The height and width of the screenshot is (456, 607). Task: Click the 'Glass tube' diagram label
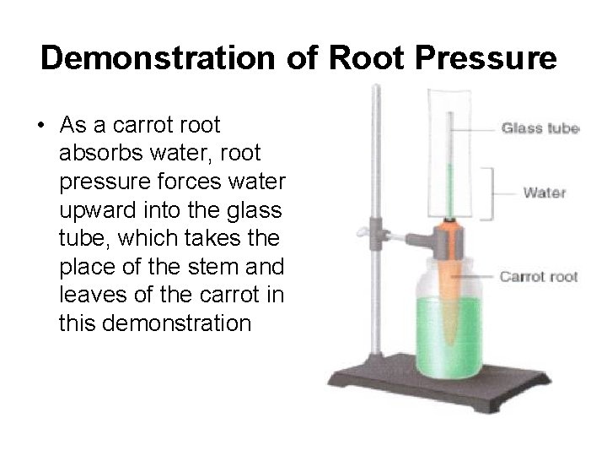540,129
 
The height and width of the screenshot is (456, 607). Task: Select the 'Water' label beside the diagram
544,193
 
